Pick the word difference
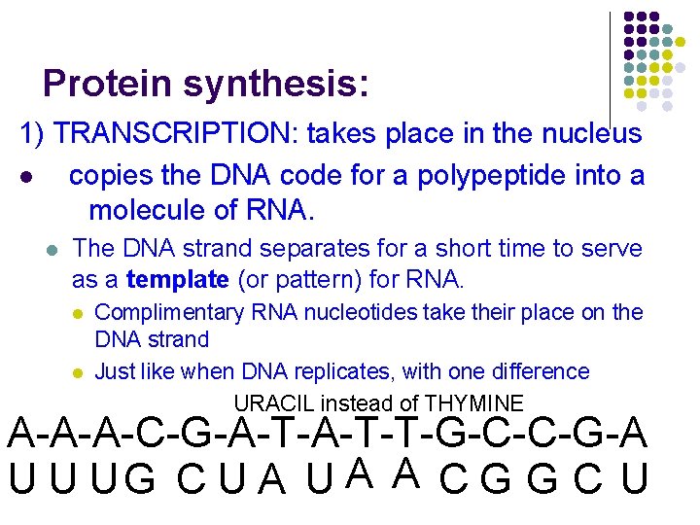coord(535,371)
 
